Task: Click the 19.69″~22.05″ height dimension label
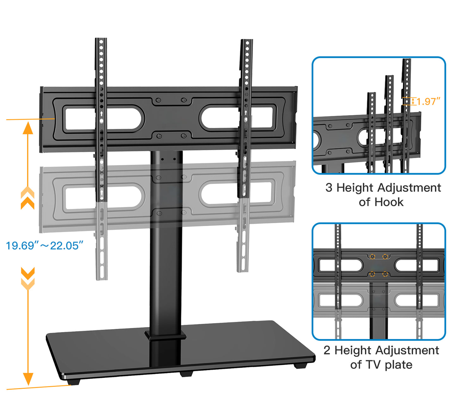pyautogui.click(x=44, y=245)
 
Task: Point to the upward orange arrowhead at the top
pyautogui.click(x=28, y=128)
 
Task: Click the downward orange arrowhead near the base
pyautogui.click(x=28, y=378)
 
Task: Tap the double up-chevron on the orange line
pyautogui.click(x=28, y=198)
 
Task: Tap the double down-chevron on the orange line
pyautogui.click(x=28, y=278)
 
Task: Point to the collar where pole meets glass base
pyautogui.click(x=165, y=335)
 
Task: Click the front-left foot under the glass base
pyautogui.click(x=73, y=381)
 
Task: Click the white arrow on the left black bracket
pyautogui.click(x=101, y=114)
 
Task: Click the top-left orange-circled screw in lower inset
pyautogui.click(x=372, y=256)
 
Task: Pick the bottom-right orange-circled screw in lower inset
pyautogui.click(x=385, y=274)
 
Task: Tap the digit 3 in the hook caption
pyautogui.click(x=329, y=188)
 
